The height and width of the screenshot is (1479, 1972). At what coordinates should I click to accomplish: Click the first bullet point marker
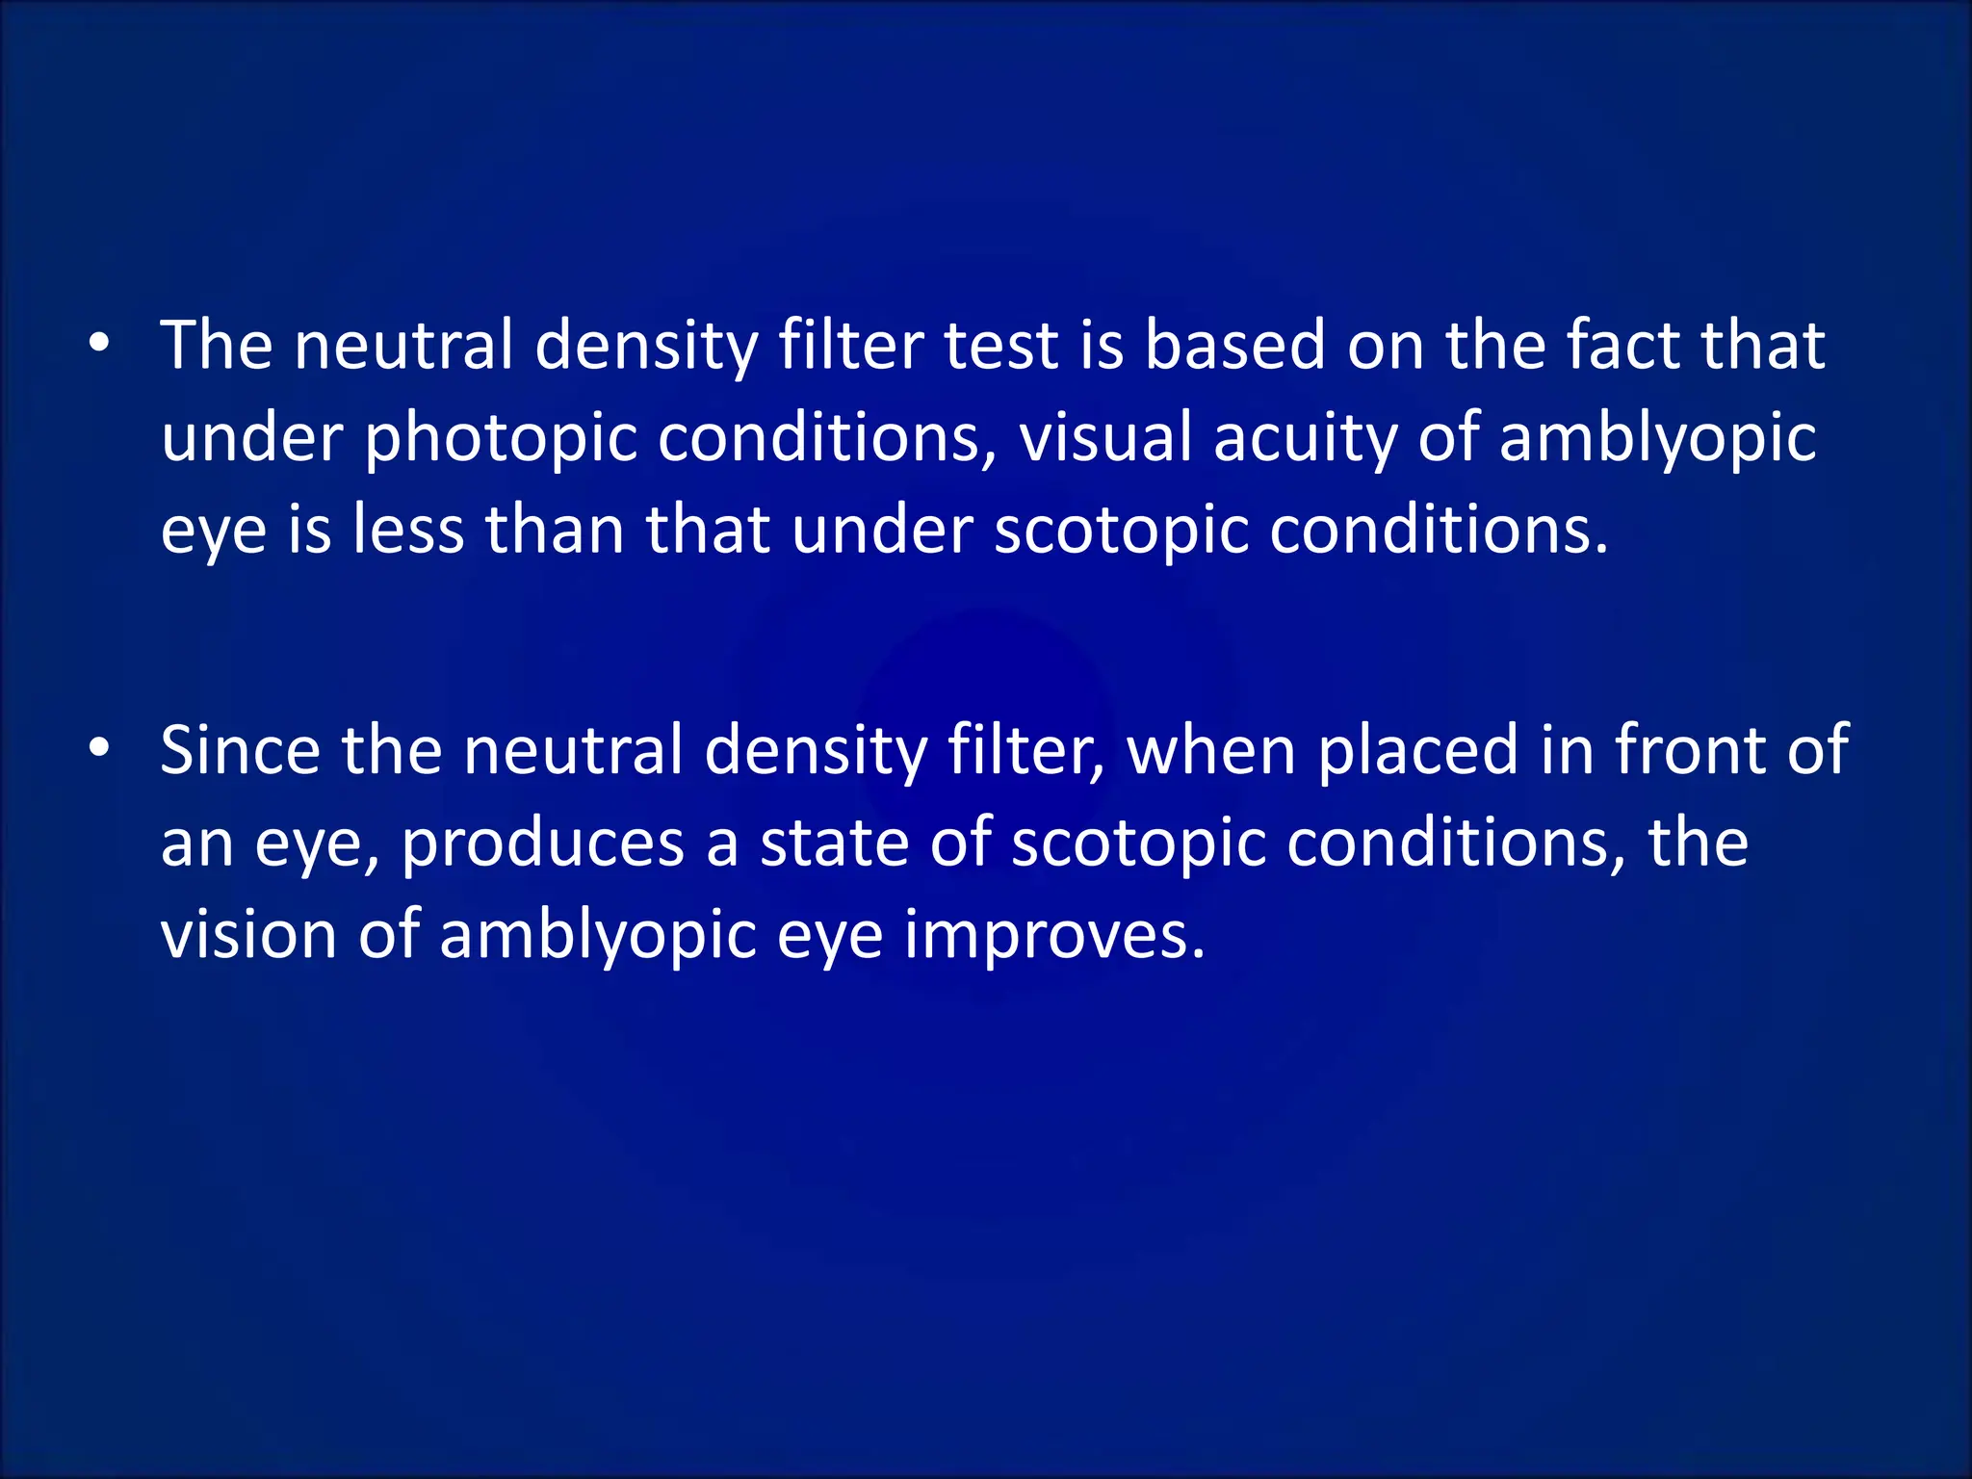(98, 345)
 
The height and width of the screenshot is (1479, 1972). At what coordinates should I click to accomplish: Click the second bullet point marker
(98, 749)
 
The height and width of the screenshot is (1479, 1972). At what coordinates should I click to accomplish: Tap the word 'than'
(556, 530)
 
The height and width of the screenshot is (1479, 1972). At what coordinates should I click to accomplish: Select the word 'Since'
(241, 749)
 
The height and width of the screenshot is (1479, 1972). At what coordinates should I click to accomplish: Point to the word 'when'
(1211, 751)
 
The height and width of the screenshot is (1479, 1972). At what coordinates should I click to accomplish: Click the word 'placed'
(1418, 751)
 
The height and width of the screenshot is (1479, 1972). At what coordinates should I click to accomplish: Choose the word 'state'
(834, 843)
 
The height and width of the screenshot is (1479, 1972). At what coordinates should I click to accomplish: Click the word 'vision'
(248, 934)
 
